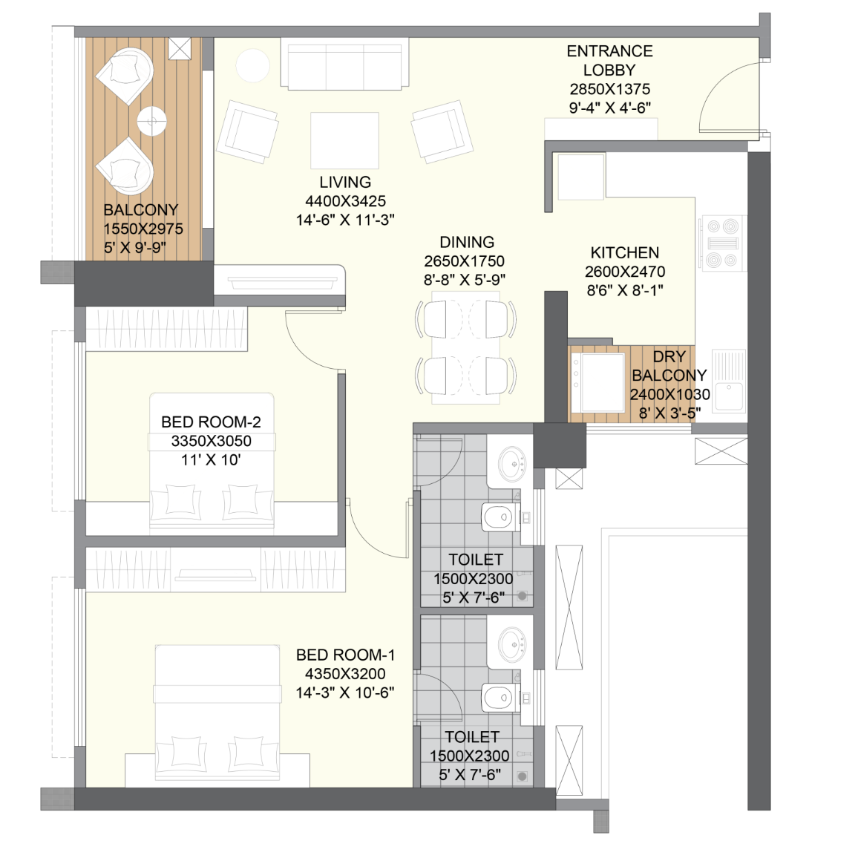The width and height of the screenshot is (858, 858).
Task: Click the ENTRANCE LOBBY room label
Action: tap(609, 60)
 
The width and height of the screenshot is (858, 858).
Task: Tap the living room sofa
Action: tap(344, 63)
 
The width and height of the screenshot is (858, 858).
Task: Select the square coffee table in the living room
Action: tap(344, 140)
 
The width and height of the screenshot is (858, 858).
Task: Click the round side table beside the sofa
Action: tap(252, 65)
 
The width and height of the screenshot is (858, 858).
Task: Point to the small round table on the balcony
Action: tap(151, 120)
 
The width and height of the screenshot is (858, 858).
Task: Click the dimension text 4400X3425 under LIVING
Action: tap(345, 201)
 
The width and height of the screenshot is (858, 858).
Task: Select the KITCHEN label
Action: tap(624, 253)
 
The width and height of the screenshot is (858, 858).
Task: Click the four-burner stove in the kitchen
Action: tap(722, 243)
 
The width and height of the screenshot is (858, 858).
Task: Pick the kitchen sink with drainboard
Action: tap(729, 381)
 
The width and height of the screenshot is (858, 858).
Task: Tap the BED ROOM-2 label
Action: tap(211, 422)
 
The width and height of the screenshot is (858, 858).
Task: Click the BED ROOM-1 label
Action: tap(345, 655)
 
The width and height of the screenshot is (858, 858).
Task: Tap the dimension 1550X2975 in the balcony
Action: tap(143, 229)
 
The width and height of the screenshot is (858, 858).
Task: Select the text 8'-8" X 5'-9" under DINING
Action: tap(465, 280)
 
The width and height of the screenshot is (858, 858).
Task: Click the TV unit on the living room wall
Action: tap(280, 281)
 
